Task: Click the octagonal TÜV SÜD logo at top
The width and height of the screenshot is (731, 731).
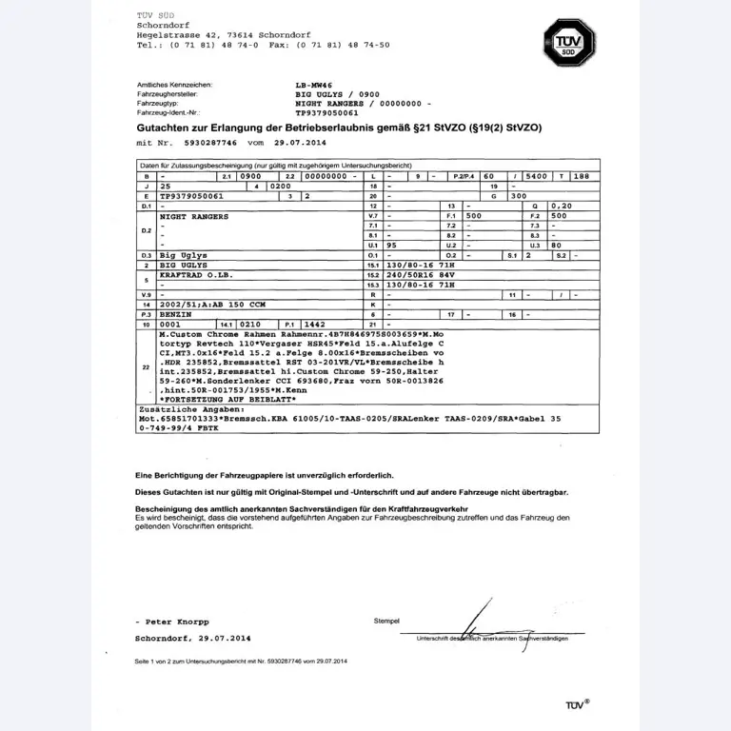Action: click(569, 41)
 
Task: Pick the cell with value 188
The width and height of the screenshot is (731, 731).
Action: click(582, 177)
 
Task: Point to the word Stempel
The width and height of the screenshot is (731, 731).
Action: click(388, 620)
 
